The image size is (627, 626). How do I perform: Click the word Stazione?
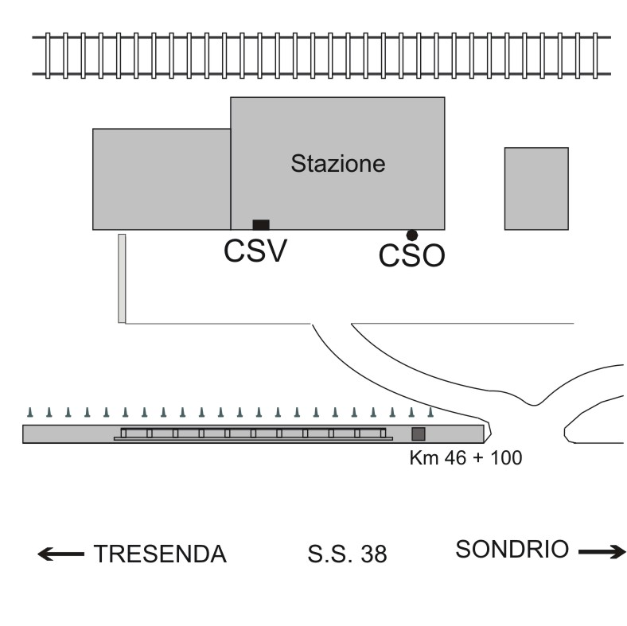pyautogui.click(x=337, y=165)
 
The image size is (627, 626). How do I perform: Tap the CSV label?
pyautogui.click(x=255, y=251)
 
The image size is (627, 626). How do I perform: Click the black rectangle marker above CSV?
pyautogui.click(x=260, y=224)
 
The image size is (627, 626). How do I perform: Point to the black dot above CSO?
pyautogui.click(x=411, y=235)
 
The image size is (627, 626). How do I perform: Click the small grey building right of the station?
pyautogui.click(x=536, y=189)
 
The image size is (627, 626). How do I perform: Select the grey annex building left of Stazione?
pyautogui.click(x=162, y=179)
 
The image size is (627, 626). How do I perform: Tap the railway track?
pyautogui.click(x=318, y=56)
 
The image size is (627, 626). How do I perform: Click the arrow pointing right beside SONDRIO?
pyautogui.click(x=603, y=550)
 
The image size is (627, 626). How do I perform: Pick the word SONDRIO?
pyautogui.click(x=512, y=549)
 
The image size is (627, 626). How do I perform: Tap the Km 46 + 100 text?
pyautogui.click(x=465, y=459)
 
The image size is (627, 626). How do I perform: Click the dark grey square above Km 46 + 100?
pyautogui.click(x=418, y=434)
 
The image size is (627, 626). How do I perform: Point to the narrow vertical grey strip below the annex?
pyautogui.click(x=122, y=278)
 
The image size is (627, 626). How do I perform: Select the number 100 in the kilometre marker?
pyautogui.click(x=507, y=459)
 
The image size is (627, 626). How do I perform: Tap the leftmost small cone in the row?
pyautogui.click(x=29, y=412)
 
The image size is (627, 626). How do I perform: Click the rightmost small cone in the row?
pyautogui.click(x=430, y=412)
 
